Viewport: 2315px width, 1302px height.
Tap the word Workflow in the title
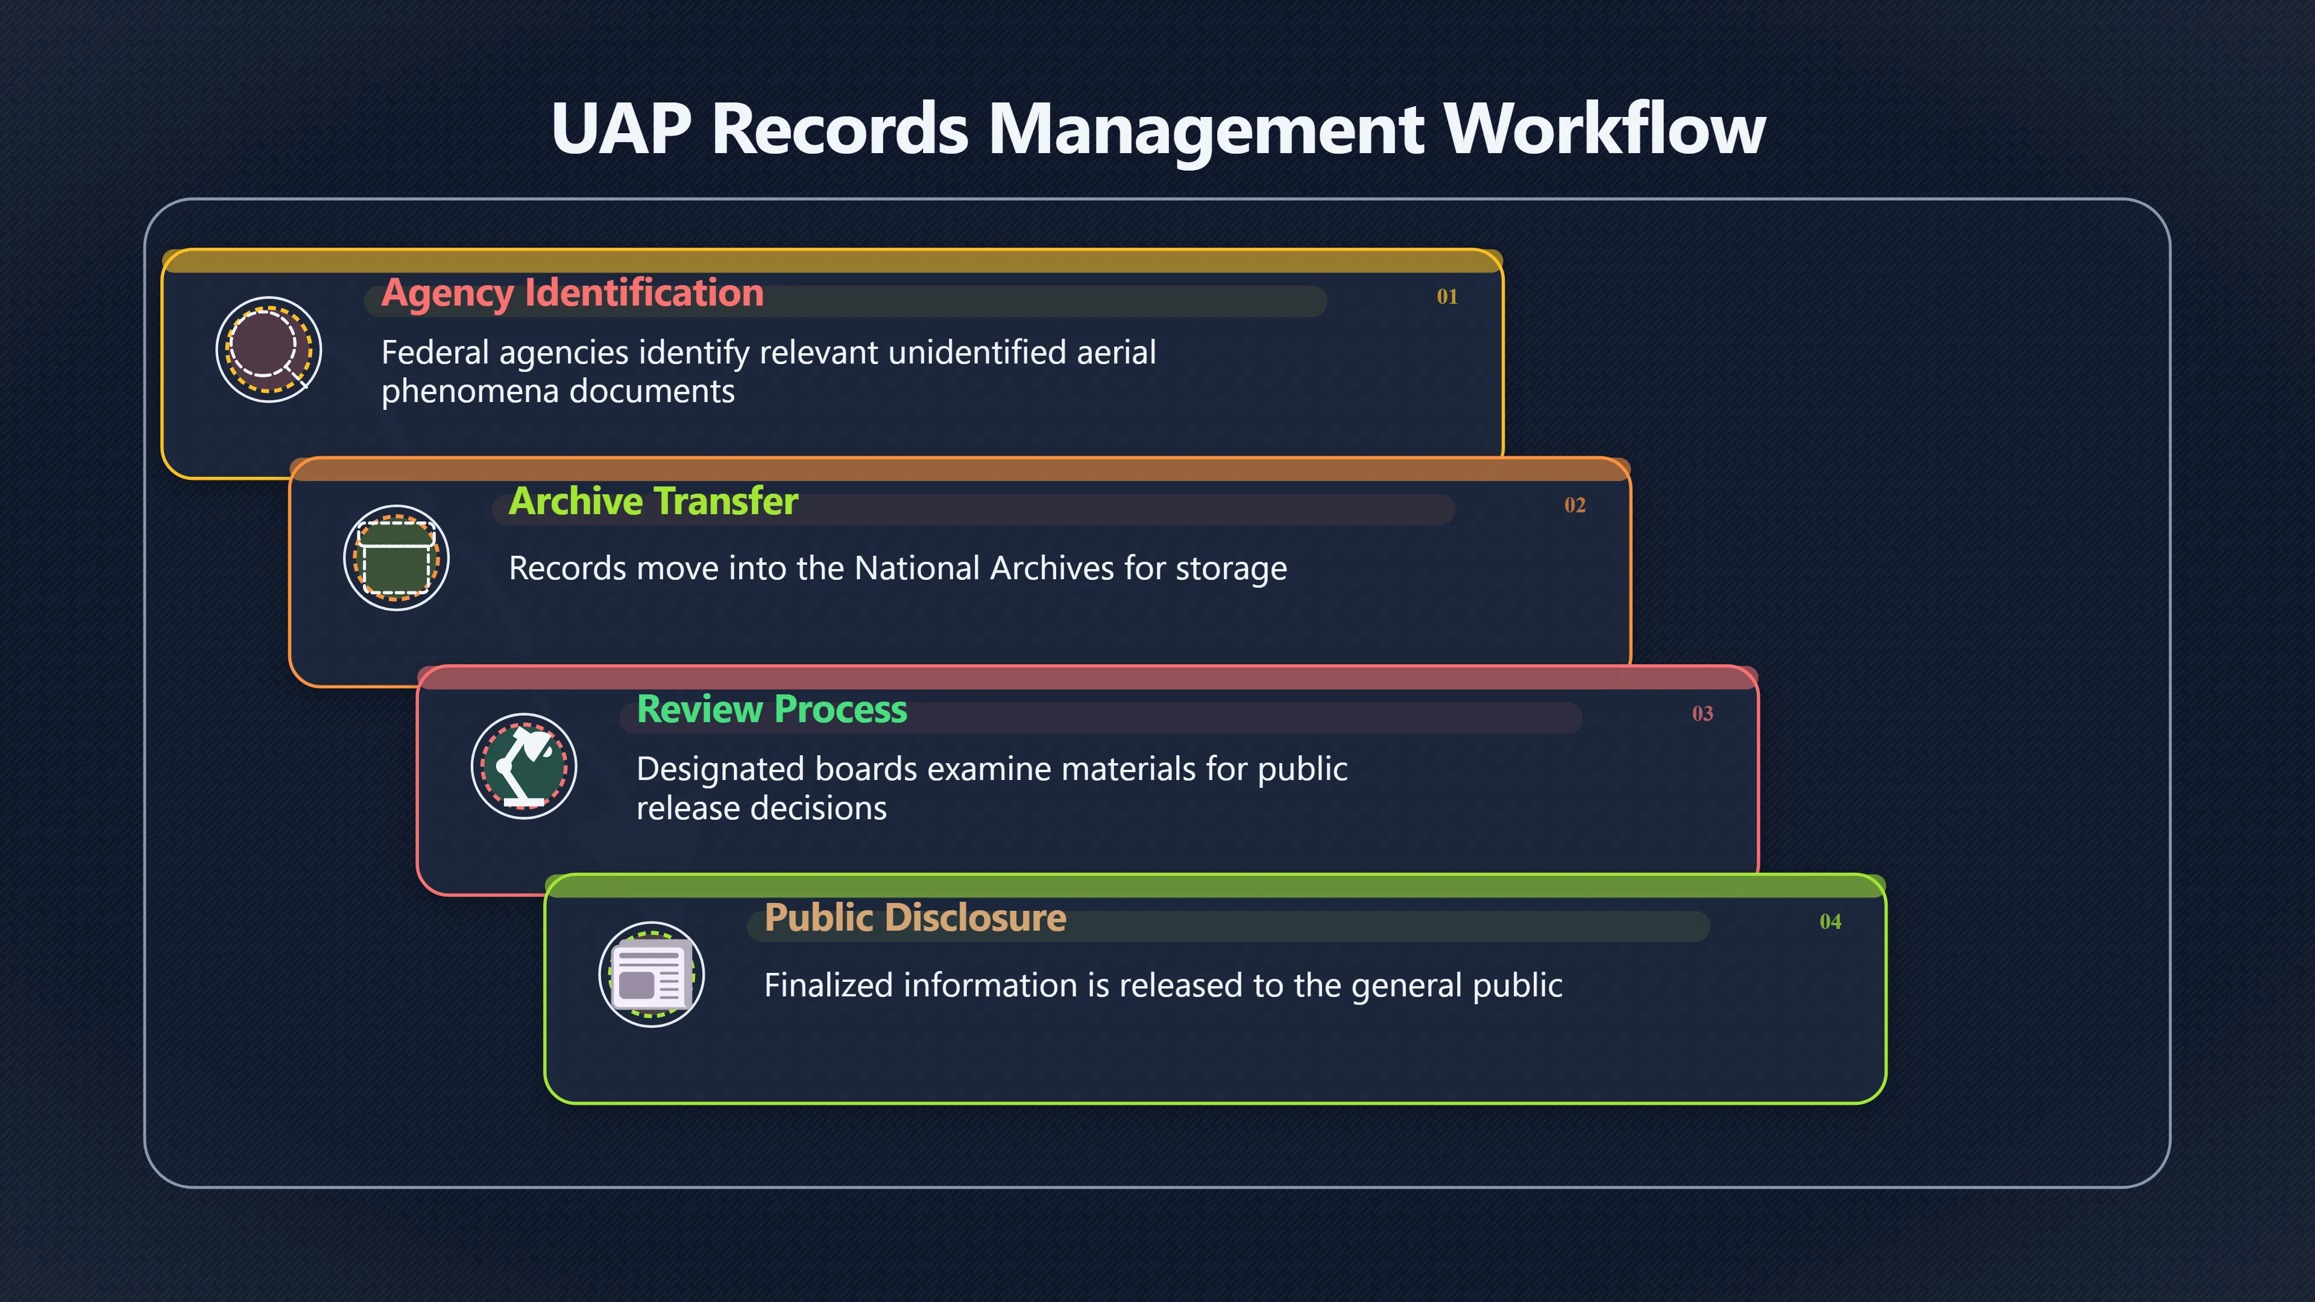(x=1604, y=128)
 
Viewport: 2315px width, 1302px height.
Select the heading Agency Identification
(x=573, y=293)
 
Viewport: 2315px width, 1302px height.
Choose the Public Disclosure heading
(x=915, y=917)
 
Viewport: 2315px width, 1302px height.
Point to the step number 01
(x=1447, y=297)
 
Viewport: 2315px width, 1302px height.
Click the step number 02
(x=1575, y=505)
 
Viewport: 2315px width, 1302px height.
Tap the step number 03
(x=1702, y=714)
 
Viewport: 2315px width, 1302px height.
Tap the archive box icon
(x=396, y=558)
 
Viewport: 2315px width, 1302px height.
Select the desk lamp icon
(x=524, y=767)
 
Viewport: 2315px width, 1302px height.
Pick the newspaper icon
(x=652, y=975)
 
